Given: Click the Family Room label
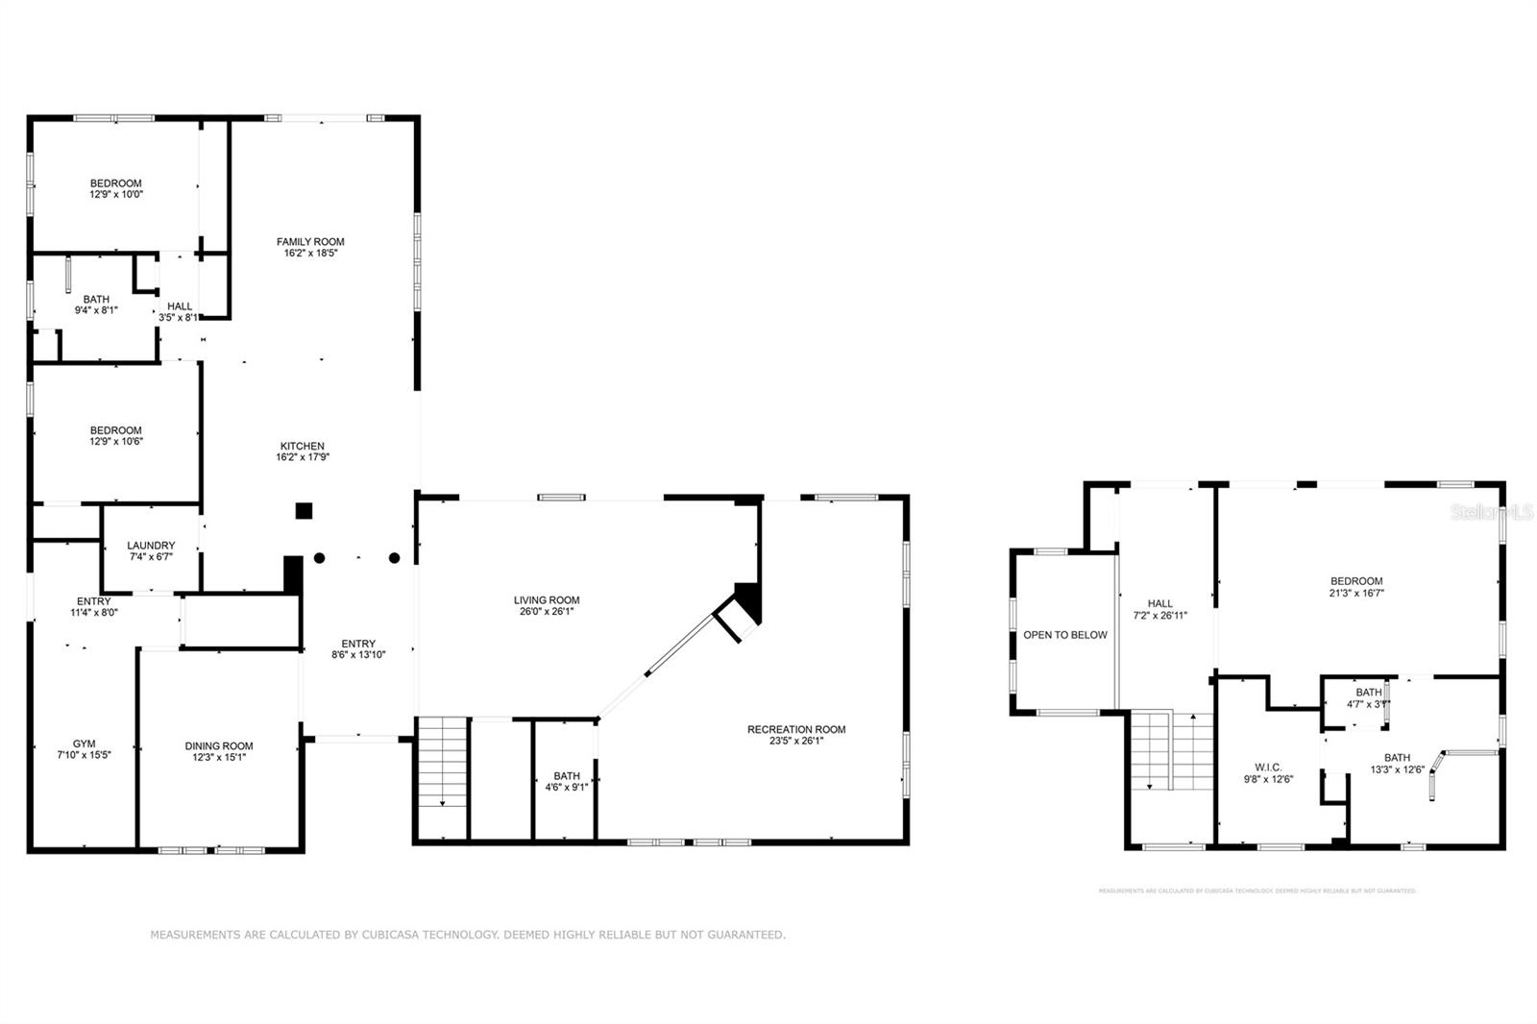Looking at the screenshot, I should coord(310,242).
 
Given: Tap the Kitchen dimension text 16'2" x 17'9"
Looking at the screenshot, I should coord(302,458).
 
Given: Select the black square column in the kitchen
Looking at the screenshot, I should coord(304,511).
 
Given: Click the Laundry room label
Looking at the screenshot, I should coord(151,546).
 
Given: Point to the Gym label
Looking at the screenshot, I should coord(84,744).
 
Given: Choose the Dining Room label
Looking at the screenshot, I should coord(219,746).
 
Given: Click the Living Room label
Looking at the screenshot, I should coord(547,600).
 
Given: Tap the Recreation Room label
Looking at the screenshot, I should coord(796,730).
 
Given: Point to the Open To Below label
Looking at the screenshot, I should coord(1064,635).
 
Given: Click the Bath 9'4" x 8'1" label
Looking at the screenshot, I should coord(96,300).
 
